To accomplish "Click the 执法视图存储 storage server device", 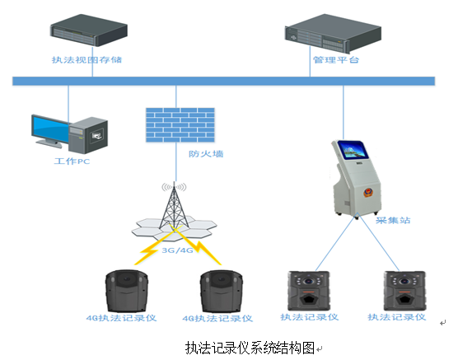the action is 89,30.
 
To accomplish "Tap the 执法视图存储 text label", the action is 86,60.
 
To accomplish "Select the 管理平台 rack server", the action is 333,33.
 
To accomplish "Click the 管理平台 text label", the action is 336,60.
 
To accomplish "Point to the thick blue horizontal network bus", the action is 223,81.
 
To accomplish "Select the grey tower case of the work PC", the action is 88,135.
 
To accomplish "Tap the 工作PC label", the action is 72,161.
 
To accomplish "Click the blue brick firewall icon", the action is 180,125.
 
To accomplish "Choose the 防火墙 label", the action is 206,154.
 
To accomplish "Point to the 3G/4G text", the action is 177,250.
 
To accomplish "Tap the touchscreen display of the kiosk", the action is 353,150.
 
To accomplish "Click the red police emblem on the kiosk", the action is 368,193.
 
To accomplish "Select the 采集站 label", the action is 393,220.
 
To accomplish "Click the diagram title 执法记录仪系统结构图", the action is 250,348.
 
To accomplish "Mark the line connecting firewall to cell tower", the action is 175,162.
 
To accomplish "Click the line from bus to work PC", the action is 68,104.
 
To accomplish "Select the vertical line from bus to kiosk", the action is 343,113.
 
